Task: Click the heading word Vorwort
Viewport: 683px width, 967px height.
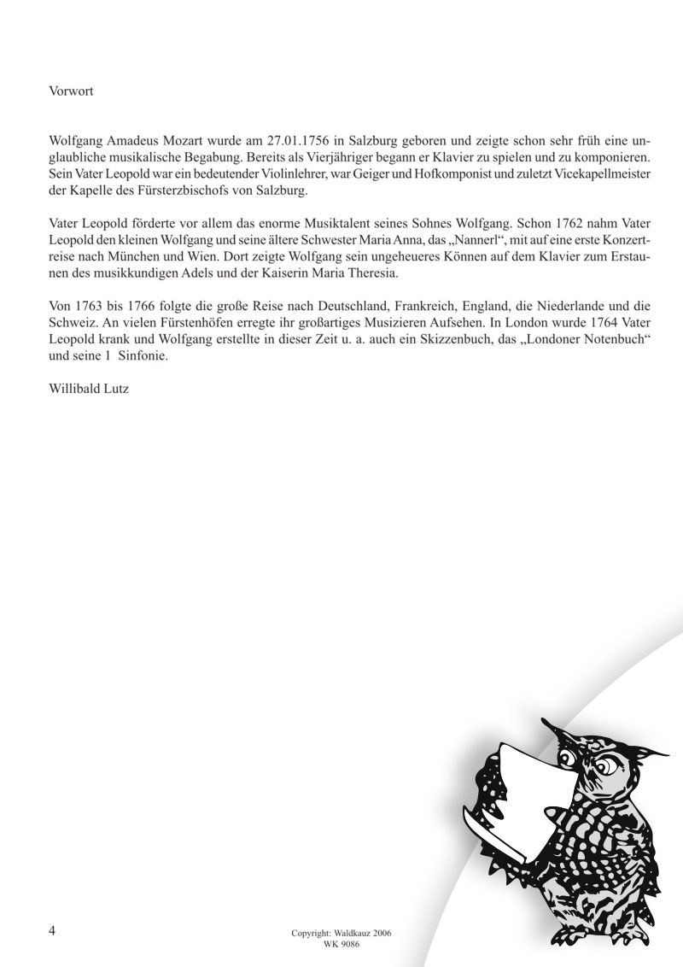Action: click(72, 91)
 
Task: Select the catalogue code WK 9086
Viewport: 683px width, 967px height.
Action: click(341, 945)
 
